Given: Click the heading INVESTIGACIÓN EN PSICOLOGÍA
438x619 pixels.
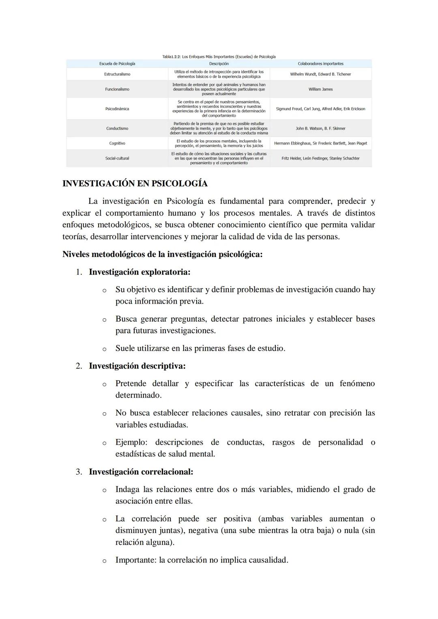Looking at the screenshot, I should pyautogui.click(x=135, y=184).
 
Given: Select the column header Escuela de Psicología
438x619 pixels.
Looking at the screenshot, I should pyautogui.click(x=117, y=64).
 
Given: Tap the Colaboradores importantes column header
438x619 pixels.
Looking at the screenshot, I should pyautogui.click(x=320, y=64).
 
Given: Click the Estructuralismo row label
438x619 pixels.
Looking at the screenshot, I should pyautogui.click(x=117, y=74).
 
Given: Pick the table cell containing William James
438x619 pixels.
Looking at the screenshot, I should pyautogui.click(x=320, y=89).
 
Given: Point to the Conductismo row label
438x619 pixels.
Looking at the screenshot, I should pyautogui.click(x=117, y=129).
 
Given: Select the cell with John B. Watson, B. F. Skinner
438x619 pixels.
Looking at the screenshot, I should pyautogui.click(x=320, y=129).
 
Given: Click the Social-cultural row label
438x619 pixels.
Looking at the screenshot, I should pyautogui.click(x=117, y=158).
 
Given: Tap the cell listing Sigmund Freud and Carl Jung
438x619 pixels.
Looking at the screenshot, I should pyautogui.click(x=320, y=109).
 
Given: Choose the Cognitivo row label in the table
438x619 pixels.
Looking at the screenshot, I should pyautogui.click(x=117, y=144).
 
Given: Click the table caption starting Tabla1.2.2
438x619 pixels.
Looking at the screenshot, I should pyautogui.click(x=219, y=57).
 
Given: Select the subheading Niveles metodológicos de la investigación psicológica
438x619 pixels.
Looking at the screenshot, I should pyautogui.click(x=162, y=255).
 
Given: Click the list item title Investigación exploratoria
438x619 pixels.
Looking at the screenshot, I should pyautogui.click(x=140, y=272).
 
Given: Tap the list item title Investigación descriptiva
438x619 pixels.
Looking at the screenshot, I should pyautogui.click(x=137, y=366).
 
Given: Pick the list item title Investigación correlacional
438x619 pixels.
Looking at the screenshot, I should pyautogui.click(x=141, y=472).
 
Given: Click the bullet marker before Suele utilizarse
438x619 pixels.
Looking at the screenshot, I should pyautogui.click(x=104, y=349).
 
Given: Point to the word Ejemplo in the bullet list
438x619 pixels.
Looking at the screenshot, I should pyautogui.click(x=131, y=442).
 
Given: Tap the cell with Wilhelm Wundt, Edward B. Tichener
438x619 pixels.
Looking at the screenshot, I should pyautogui.click(x=320, y=74).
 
